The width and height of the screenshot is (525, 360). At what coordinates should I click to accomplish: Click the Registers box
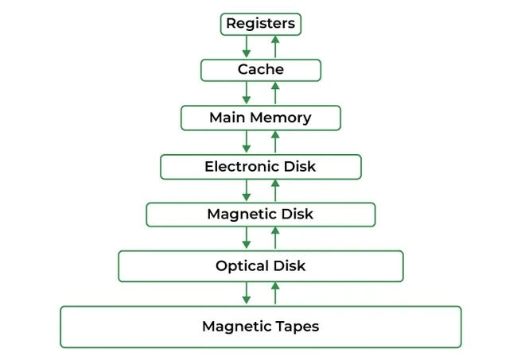[x=261, y=24]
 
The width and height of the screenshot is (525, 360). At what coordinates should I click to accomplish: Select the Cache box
[x=261, y=70]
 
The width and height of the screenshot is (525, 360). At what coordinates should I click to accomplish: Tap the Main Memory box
[x=261, y=118]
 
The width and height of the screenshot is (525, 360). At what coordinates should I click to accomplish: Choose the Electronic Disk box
[x=261, y=167]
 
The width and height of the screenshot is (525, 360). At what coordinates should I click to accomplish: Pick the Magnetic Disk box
[x=261, y=215]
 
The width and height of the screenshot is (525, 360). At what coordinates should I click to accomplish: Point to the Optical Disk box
[x=261, y=265]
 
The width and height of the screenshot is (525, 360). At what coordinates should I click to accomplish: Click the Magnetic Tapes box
[x=261, y=326]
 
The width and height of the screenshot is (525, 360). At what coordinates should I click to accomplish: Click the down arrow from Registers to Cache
[x=247, y=46]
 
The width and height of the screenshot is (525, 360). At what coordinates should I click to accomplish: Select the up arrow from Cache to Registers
[x=275, y=46]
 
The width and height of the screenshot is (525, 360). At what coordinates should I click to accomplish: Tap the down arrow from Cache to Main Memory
[x=247, y=94]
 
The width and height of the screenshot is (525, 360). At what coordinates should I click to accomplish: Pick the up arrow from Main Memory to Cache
[x=275, y=94]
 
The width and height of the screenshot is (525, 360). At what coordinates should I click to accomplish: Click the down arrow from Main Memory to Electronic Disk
[x=247, y=142]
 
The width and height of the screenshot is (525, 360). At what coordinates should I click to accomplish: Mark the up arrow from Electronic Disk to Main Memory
[x=275, y=142]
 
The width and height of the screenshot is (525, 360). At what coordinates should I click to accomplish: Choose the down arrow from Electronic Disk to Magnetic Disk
[x=247, y=191]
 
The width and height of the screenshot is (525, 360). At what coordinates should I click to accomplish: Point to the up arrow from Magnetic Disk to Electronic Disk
[x=275, y=191]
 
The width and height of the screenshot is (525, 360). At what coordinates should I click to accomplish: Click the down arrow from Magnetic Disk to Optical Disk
[x=247, y=238]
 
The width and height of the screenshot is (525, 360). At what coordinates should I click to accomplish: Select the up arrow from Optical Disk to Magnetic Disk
[x=275, y=238]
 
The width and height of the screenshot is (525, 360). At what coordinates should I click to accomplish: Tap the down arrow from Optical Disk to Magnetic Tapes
[x=247, y=293]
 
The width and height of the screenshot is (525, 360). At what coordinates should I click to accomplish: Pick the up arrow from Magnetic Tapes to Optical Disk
[x=275, y=293]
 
